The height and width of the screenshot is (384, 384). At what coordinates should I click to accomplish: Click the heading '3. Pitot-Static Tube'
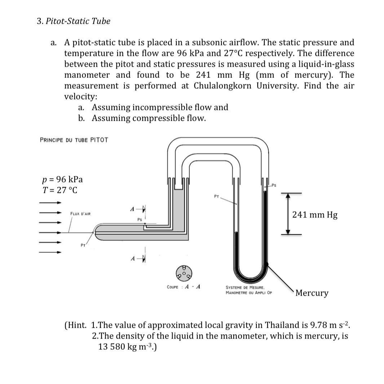(74, 21)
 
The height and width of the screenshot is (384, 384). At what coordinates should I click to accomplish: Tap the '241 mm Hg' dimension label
(315, 215)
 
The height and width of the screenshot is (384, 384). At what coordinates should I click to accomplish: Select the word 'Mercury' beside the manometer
(312, 293)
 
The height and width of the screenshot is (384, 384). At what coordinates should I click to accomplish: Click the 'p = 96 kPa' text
(62, 179)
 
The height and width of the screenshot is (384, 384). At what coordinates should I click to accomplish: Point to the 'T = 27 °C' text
(60, 190)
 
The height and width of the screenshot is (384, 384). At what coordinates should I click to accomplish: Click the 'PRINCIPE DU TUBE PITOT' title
(74, 140)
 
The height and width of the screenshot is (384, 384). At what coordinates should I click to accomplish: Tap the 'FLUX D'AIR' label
(80, 214)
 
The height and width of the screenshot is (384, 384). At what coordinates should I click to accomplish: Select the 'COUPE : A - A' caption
(184, 287)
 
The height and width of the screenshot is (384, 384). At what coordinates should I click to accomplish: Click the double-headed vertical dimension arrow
(287, 214)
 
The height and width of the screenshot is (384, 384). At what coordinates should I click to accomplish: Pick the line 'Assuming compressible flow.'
(149, 118)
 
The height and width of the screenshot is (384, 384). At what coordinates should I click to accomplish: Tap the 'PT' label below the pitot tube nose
(83, 246)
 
